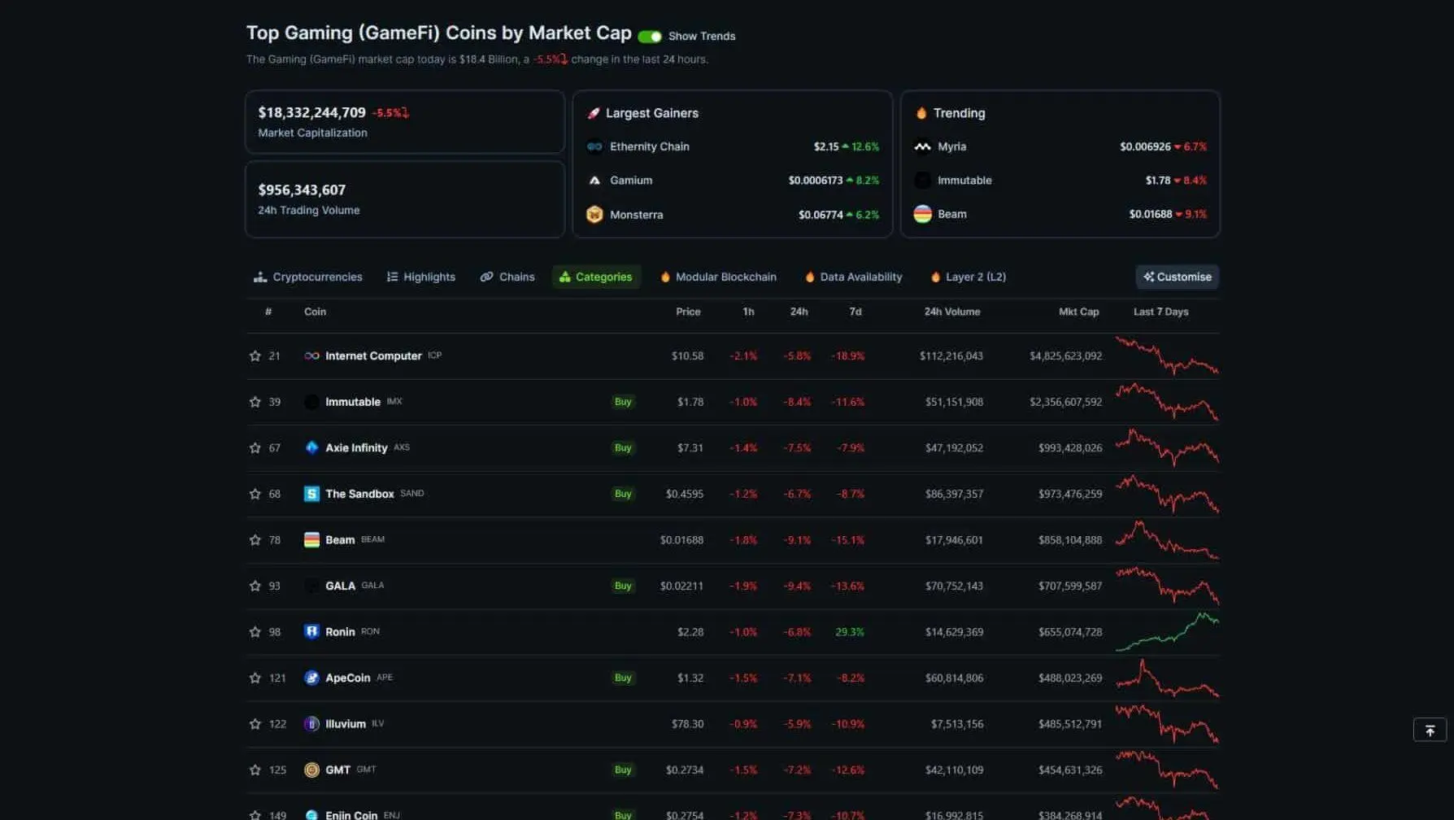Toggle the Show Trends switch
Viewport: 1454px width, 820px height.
(650, 37)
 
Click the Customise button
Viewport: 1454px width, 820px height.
(1177, 277)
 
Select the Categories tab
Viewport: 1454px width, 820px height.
(596, 277)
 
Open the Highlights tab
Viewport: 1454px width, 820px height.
(421, 277)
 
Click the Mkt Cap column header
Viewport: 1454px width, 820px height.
(1078, 312)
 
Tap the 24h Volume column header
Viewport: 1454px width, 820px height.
(951, 312)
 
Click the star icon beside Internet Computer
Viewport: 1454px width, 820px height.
(255, 356)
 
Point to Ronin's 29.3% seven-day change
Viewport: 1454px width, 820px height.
(849, 632)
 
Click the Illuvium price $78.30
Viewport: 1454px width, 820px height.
(687, 724)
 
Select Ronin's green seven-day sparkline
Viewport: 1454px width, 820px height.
(1167, 632)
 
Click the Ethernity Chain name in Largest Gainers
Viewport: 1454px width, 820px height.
(649, 146)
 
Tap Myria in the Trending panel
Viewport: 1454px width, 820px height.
(951, 146)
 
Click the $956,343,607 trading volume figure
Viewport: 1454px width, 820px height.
(302, 190)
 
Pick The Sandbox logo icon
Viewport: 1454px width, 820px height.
(311, 494)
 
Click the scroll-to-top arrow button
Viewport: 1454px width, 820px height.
(1430, 731)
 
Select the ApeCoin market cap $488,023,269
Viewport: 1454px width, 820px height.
(1069, 678)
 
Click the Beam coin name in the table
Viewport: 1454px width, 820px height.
(340, 540)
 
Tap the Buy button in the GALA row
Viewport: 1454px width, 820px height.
(623, 586)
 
